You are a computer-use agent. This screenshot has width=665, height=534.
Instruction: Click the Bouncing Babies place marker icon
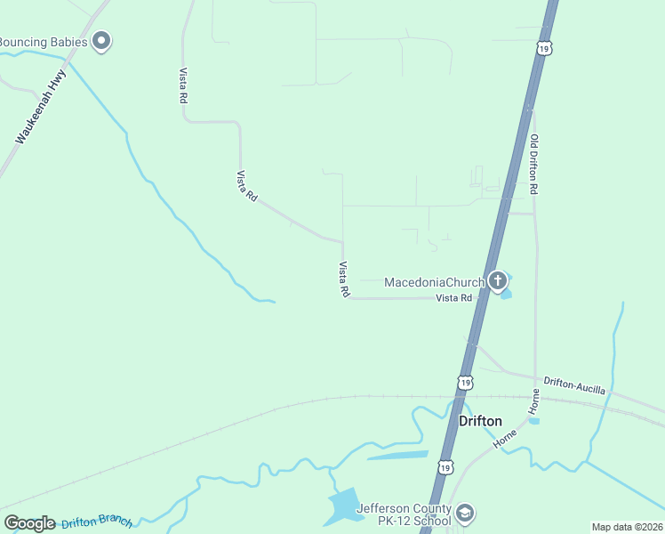pyautogui.click(x=101, y=41)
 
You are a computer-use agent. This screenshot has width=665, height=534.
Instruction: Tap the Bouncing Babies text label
pyautogui.click(x=44, y=42)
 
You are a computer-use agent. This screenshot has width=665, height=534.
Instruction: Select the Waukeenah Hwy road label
pyautogui.click(x=41, y=109)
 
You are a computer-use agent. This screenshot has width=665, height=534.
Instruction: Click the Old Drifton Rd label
pyautogui.click(x=534, y=165)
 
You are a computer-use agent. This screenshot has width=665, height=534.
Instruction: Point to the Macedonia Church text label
pyautogui.click(x=434, y=283)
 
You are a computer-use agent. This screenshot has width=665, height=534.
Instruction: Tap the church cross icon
pyautogui.click(x=498, y=282)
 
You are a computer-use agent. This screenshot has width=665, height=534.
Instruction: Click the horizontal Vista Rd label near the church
pyautogui.click(x=453, y=298)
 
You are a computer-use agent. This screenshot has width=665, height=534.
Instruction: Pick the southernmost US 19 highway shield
pyautogui.click(x=445, y=466)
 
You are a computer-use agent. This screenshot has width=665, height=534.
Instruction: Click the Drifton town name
pyautogui.click(x=480, y=421)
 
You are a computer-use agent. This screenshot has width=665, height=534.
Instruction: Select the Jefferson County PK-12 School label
pyautogui.click(x=404, y=515)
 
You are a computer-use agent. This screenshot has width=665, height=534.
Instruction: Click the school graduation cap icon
pyautogui.click(x=465, y=514)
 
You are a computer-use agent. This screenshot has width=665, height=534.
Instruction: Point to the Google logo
pyautogui.click(x=29, y=523)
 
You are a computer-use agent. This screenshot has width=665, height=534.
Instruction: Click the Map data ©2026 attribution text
pyautogui.click(x=627, y=527)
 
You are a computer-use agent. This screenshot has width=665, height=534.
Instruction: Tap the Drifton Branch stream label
pyautogui.click(x=96, y=522)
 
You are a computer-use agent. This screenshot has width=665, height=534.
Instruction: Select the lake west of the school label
pyautogui.click(x=343, y=506)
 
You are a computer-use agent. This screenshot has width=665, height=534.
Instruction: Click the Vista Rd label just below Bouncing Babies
pyautogui.click(x=183, y=85)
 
